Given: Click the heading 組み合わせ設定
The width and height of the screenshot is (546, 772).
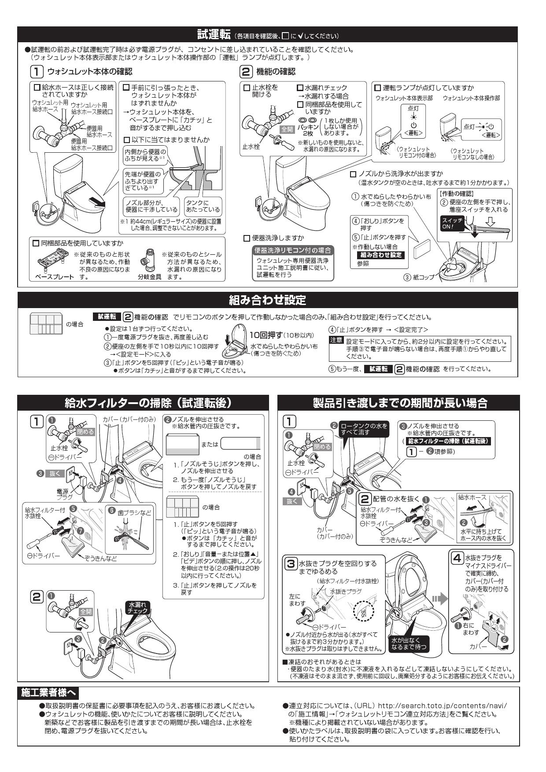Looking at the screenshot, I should coord(267,301).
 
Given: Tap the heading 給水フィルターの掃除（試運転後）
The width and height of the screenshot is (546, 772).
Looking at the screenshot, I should coord(148,403).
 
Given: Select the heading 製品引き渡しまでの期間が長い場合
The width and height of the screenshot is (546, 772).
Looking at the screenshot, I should coord(400,403).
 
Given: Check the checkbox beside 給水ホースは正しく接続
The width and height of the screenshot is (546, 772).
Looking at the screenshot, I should coord(37,88).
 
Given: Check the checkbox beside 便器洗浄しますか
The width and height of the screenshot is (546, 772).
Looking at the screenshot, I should coord(247,238).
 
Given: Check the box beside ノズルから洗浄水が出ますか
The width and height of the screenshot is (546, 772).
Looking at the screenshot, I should coord(353,174).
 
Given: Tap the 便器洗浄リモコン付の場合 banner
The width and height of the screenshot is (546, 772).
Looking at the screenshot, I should coord(292,250).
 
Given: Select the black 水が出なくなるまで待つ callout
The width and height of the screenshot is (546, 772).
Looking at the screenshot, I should coord(409,643).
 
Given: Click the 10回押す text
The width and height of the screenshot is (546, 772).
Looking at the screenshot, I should coord(265,335).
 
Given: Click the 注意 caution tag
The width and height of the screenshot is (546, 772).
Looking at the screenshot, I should coord(336,340).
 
